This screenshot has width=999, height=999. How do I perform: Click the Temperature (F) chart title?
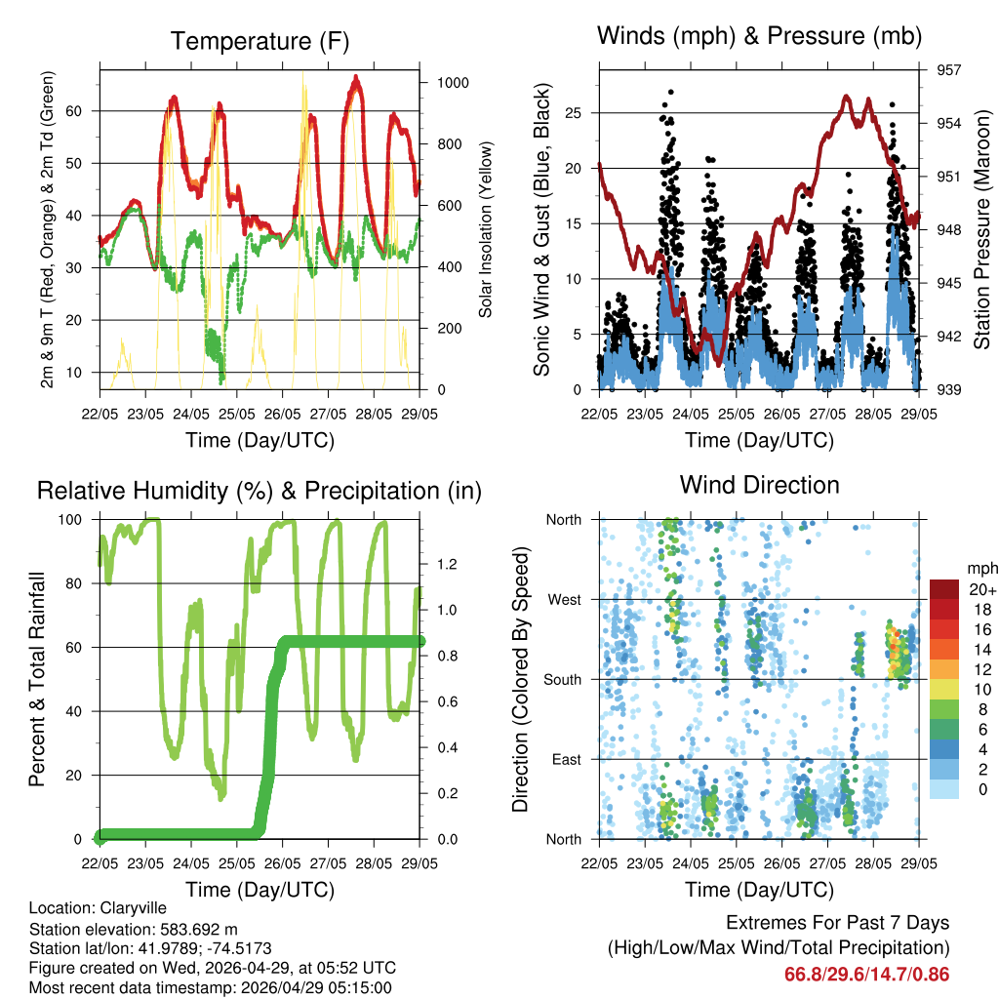pyautogui.click(x=260, y=42)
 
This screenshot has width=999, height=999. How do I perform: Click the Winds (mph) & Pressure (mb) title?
pyautogui.click(x=760, y=37)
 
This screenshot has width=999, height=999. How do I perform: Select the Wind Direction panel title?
pyautogui.click(x=759, y=485)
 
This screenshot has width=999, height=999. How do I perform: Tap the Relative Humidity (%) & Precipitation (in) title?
pyautogui.click(x=260, y=491)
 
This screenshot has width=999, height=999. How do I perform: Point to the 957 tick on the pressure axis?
pyautogui.click(x=949, y=70)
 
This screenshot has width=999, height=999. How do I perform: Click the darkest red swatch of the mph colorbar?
pyautogui.click(x=944, y=589)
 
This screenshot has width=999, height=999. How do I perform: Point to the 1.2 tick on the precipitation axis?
pyautogui.click(x=448, y=564)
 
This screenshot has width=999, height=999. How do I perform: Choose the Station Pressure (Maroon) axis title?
pyautogui.click(x=982, y=230)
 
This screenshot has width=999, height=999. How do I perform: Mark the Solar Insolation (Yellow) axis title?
pyautogui.click(x=486, y=229)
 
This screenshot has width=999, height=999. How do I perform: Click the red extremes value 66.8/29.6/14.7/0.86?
pyautogui.click(x=866, y=974)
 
